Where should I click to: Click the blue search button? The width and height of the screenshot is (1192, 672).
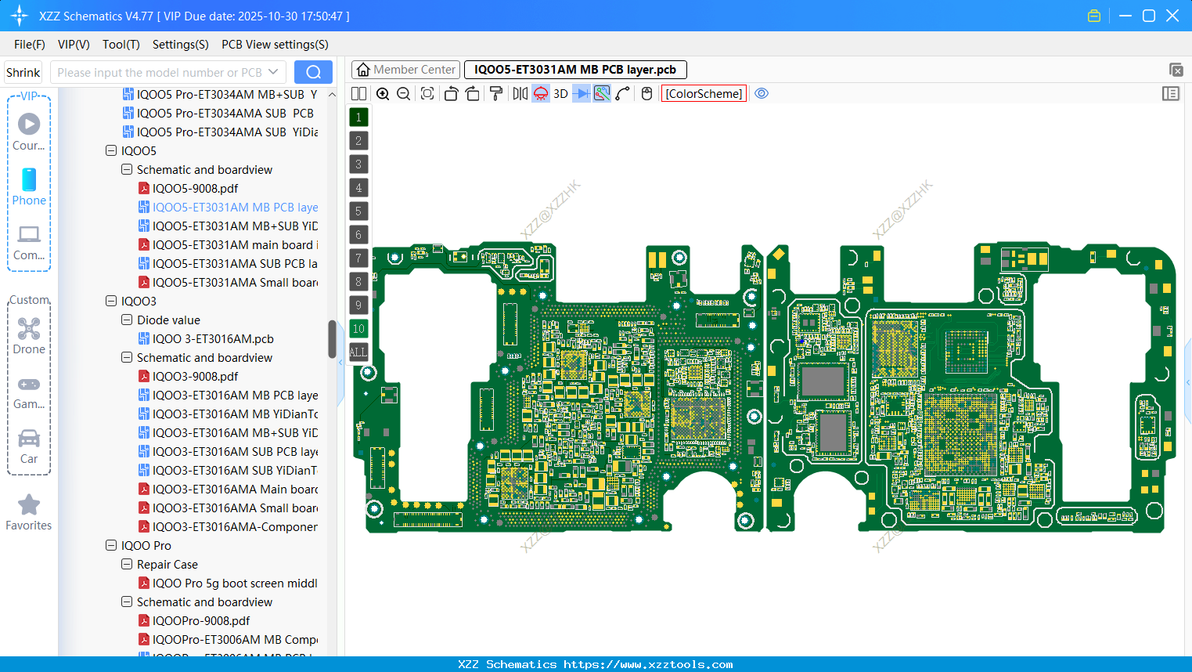coord(313,72)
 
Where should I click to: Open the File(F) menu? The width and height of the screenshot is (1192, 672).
coord(30,45)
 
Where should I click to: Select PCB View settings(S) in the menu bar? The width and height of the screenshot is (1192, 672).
coord(275,45)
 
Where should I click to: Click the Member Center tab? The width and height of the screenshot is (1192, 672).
coord(406,70)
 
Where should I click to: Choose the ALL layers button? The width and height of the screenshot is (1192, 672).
coord(358,352)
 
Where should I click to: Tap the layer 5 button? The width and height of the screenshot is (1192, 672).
coord(358,211)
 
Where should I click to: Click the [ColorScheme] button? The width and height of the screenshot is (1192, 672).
coord(704,94)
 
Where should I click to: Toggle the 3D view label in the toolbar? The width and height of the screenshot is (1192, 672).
coord(560,94)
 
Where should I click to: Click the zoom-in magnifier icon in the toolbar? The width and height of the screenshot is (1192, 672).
coord(383,94)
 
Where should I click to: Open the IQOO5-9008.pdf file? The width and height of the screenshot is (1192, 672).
coord(195,189)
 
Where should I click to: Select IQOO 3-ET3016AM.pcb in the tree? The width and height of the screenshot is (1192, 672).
coord(213,339)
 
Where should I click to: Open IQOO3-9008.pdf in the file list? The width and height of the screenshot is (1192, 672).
coord(195,377)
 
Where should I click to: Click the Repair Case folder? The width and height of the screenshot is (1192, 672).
coord(167,565)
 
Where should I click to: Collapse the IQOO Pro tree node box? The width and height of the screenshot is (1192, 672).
coord(111,546)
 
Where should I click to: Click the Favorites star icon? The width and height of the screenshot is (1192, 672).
coord(29,505)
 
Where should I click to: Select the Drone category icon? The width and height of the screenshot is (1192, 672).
coord(29,329)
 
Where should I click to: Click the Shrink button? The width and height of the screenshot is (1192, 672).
coord(23,72)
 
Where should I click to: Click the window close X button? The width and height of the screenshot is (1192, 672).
coord(1172,16)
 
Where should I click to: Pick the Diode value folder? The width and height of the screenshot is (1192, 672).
coord(168,320)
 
